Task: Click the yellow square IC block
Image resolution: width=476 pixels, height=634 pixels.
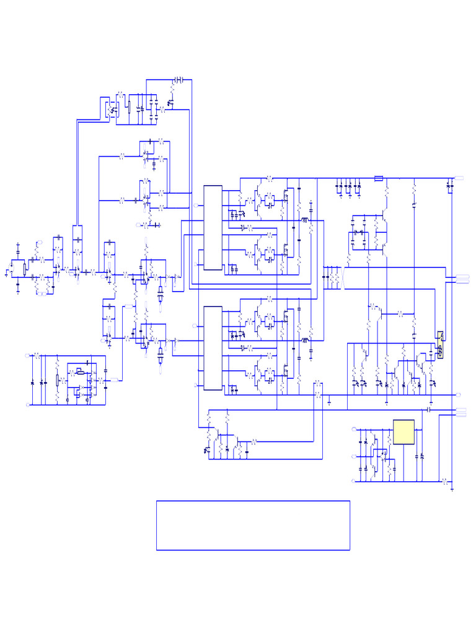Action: pos(403,432)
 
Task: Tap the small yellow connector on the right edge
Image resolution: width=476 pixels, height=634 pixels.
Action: pos(439,345)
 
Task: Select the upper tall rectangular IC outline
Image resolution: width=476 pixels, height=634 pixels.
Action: pos(213,227)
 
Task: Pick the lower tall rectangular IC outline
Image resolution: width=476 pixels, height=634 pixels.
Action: pos(213,348)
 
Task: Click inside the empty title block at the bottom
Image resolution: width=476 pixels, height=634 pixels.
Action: pos(253,525)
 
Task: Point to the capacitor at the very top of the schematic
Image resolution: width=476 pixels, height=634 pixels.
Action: pos(178,80)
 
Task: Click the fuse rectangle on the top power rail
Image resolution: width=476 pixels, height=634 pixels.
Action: pos(379,178)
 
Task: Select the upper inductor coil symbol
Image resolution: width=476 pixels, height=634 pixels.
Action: pos(305,220)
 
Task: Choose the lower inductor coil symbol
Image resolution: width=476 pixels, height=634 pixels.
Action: pos(305,340)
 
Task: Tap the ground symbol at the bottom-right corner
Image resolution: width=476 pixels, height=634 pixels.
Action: pos(453,489)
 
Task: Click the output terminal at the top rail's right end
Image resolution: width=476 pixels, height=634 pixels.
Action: pos(459,178)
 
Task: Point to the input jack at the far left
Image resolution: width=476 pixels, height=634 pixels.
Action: pos(9,271)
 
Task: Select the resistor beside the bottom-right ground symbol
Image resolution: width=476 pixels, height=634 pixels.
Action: pos(444,480)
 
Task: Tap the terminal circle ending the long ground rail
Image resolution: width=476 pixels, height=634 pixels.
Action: pos(457,394)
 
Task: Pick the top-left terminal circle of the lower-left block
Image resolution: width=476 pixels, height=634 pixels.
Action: pos(27,355)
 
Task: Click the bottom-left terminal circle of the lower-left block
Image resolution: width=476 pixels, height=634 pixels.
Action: pos(27,405)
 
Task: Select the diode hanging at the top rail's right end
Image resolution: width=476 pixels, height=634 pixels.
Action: pos(449,185)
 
